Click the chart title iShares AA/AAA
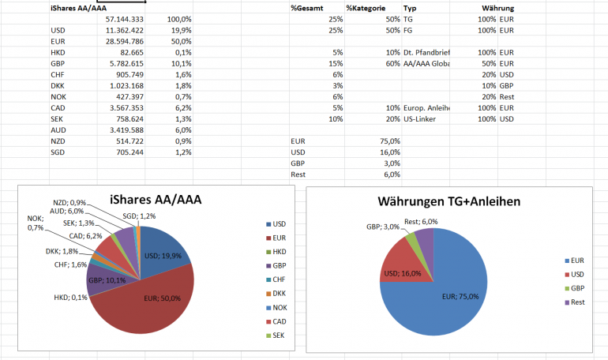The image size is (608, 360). click(x=145, y=201)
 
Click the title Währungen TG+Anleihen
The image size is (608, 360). click(x=448, y=202)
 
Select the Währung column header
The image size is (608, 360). click(x=497, y=7)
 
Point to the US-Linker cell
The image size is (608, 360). click(x=423, y=118)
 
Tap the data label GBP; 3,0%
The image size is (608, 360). click(x=382, y=227)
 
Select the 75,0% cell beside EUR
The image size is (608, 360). click(x=389, y=141)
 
